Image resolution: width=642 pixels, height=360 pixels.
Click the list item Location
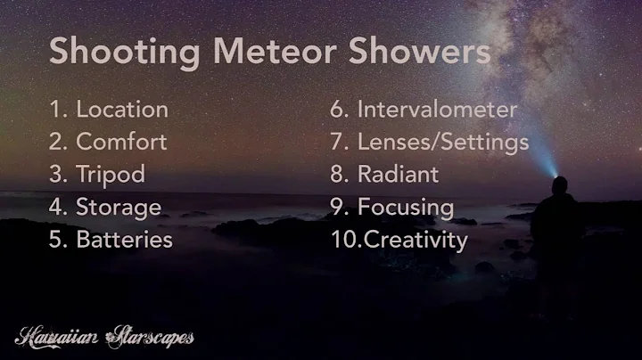coord(122,110)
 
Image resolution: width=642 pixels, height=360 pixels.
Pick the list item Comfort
coord(121,141)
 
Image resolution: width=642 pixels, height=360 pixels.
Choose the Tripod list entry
coord(111,174)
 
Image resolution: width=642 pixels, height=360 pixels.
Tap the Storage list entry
coord(119,207)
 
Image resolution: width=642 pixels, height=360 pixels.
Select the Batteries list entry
coord(124,239)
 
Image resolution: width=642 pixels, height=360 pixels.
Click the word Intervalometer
coord(437,110)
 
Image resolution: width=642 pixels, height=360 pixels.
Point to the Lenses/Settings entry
coord(443,142)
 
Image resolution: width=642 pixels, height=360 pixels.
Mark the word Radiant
coord(398,174)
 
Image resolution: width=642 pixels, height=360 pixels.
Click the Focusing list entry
coord(406,207)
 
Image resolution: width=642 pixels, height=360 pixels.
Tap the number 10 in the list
coord(342,239)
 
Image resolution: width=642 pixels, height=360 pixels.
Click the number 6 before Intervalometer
coord(337,110)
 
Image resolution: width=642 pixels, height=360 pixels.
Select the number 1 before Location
coord(55,110)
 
